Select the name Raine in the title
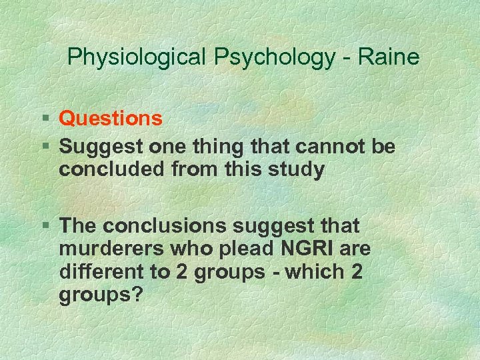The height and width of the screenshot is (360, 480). (389, 57)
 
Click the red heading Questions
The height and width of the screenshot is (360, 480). (111, 119)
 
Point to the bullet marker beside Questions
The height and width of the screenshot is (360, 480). (47, 119)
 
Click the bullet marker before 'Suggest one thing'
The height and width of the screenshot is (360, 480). (47, 145)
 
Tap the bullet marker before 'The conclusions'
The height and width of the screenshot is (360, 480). (47, 225)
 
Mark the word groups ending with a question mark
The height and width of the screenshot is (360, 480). (101, 295)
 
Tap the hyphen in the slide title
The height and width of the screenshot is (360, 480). (346, 59)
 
